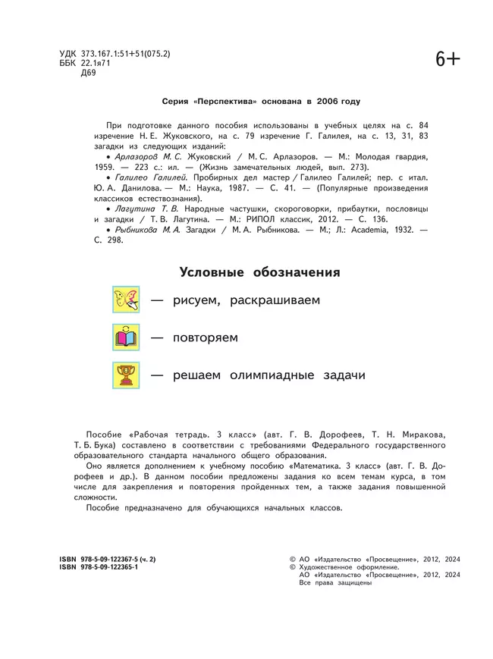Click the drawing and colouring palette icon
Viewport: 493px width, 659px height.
tap(126, 300)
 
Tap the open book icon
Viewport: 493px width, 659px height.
tap(126, 337)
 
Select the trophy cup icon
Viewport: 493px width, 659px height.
tap(126, 375)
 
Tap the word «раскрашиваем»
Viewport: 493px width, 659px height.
tap(272, 300)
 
